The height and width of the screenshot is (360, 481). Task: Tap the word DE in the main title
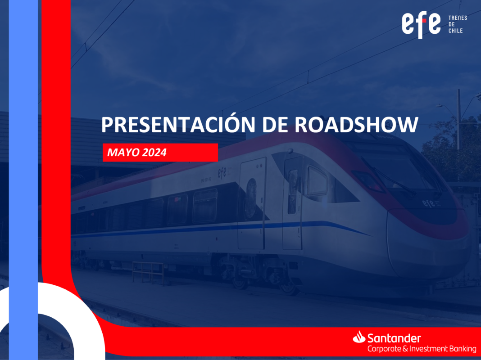tap(275, 125)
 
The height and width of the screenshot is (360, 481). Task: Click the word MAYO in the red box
tap(120, 152)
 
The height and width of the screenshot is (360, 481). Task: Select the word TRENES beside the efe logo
tap(458, 18)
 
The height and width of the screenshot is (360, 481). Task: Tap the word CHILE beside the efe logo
tap(455, 31)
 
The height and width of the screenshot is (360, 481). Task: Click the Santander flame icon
tap(359, 337)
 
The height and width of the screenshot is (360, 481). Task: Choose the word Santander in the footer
tap(394, 338)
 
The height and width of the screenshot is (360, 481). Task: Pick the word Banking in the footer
tap(463, 349)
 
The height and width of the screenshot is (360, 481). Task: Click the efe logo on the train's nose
tap(429, 203)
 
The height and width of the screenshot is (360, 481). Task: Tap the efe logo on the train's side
tap(222, 173)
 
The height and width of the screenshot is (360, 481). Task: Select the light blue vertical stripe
tap(23, 180)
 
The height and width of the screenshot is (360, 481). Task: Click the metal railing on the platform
tap(148, 273)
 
